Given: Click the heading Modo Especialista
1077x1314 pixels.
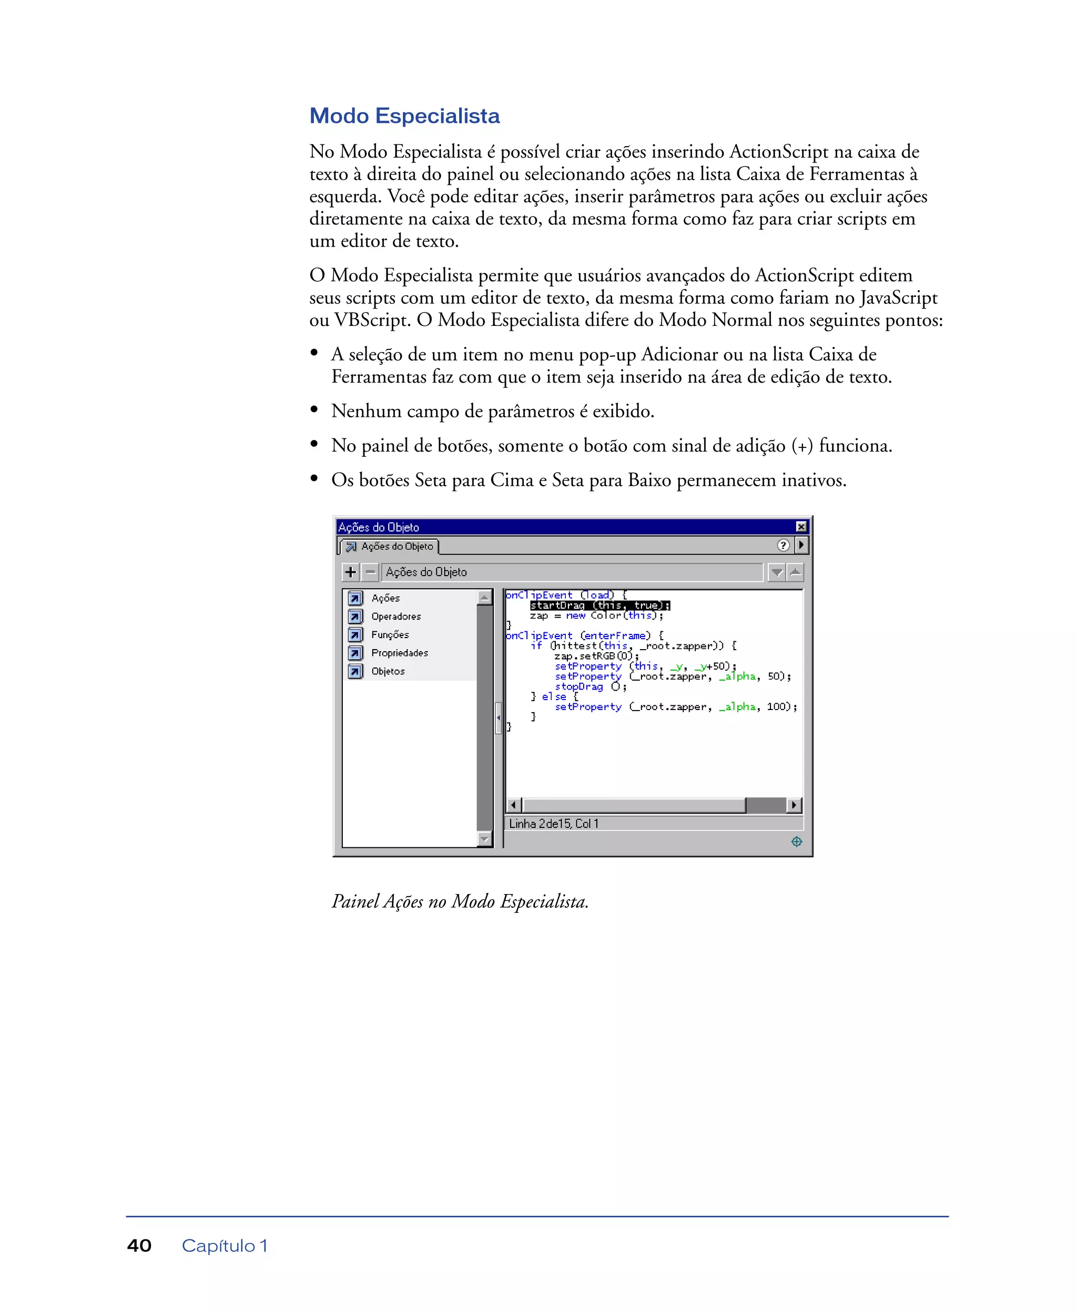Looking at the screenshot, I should click(404, 116).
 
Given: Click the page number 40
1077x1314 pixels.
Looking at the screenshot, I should click(139, 1245).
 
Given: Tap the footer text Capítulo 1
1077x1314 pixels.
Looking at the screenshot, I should click(224, 1245).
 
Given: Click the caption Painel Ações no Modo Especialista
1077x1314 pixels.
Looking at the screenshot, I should click(460, 901).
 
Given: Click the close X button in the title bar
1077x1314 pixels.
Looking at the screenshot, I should click(801, 527).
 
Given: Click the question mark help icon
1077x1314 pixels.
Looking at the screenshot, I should click(783, 545).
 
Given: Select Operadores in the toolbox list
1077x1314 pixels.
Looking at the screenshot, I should click(396, 617).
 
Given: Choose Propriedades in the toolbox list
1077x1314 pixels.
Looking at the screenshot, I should click(400, 653).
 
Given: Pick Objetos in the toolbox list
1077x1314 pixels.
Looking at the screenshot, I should click(388, 671).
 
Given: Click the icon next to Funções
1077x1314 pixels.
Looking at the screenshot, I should click(355, 634).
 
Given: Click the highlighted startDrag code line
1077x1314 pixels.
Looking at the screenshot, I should click(600, 605).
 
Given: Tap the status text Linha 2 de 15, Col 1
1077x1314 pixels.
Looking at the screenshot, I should click(553, 824).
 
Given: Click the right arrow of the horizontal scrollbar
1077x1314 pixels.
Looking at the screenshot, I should click(794, 805).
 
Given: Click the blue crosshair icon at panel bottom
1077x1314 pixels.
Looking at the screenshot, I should click(797, 841).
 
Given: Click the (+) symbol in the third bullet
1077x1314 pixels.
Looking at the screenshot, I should click(801, 446).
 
